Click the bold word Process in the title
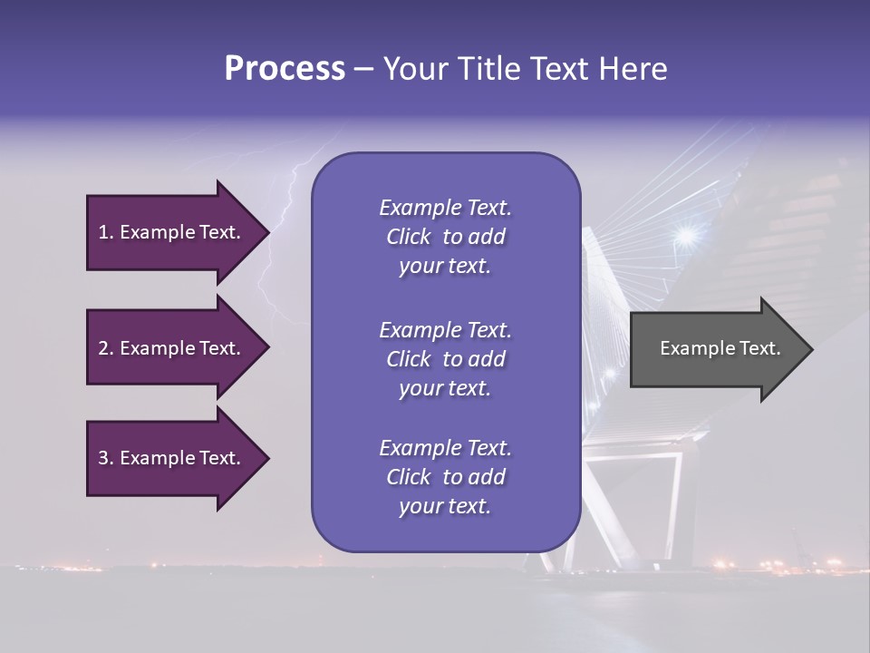click(285, 69)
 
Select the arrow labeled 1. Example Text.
click(172, 232)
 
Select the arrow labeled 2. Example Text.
click(172, 348)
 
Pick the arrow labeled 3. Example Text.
click(172, 458)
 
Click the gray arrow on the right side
click(716, 348)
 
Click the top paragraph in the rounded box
click(445, 237)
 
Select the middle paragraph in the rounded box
click(445, 359)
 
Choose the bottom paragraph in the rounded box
click(445, 477)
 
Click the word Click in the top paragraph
click(409, 237)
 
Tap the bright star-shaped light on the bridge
click(686, 236)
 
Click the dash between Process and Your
click(363, 69)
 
